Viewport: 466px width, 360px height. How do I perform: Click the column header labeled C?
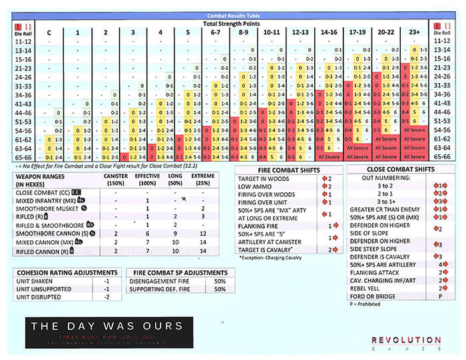coord(49,32)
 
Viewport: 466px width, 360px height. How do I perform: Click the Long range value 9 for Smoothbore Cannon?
coord(175,234)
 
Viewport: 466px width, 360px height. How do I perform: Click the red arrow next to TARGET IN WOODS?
coord(326,179)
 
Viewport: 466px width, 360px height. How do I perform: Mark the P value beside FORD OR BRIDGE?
coord(440,296)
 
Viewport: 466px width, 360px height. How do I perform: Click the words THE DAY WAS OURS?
coord(106,326)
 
